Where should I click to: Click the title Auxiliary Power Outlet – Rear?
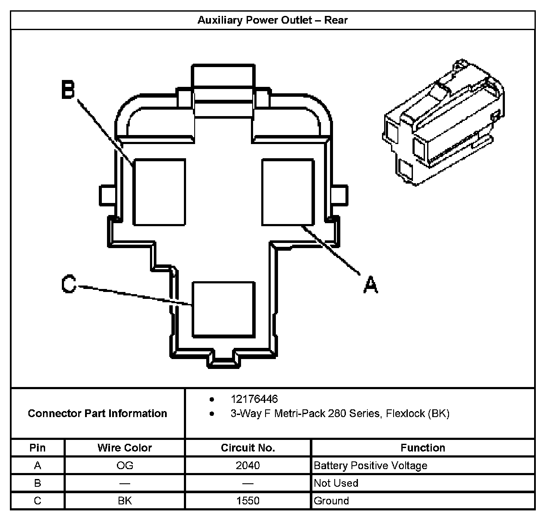coord(272,20)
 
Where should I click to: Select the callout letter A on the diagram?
coord(370,285)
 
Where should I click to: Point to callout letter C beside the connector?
coord(69,285)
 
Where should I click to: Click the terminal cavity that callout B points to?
coord(159,192)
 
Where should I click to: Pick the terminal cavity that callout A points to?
coord(287,192)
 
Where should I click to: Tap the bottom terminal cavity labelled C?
coord(223,309)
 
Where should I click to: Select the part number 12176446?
coord(254,399)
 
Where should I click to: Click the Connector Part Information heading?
coord(98,414)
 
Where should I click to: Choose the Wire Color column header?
coord(125,448)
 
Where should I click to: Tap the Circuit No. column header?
coord(248,448)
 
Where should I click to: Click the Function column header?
coord(423,448)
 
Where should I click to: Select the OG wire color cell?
coord(125,466)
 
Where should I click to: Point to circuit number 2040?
coord(248,466)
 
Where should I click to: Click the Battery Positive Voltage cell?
coord(371,466)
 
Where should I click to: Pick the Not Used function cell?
coord(336,483)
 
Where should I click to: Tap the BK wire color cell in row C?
coord(125,501)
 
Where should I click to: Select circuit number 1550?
coord(248,501)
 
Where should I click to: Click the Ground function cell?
coord(331,501)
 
